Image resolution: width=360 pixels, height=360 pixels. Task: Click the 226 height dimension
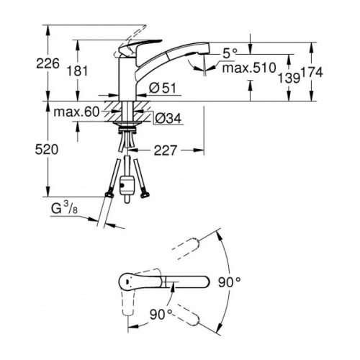pos(48,63)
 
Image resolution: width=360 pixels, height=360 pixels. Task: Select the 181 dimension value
pos(77,71)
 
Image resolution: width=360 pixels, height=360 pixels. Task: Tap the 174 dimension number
pos(312,73)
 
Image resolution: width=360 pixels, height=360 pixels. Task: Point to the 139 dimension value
pos(289,78)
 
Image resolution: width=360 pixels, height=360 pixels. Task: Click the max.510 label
pos(249,68)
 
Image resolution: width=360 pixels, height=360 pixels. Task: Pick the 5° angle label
pos(230,54)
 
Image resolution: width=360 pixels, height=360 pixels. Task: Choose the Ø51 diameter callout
pos(163,89)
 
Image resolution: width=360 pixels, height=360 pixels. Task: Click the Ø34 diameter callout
pos(168,118)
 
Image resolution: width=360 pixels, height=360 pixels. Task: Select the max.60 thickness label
pos(76,112)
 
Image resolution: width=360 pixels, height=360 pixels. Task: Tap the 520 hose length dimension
pos(47,150)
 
